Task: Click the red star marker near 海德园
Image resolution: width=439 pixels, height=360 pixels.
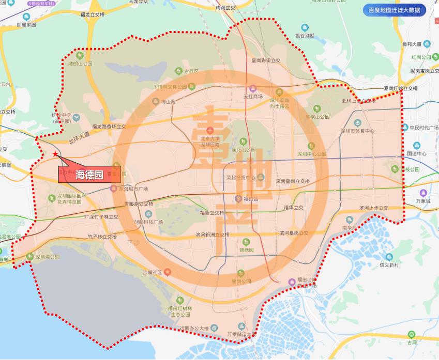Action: click(x=55, y=154)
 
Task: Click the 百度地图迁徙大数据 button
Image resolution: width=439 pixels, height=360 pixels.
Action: click(x=394, y=10)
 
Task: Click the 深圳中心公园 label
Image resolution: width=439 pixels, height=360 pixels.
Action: click(x=311, y=153)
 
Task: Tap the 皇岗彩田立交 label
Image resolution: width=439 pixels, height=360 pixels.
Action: click(x=265, y=60)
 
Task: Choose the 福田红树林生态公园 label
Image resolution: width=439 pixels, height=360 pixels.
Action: click(x=179, y=311)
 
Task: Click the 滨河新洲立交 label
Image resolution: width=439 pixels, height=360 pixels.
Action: click(x=212, y=234)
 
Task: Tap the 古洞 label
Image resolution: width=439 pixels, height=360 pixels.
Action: click(x=412, y=342)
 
